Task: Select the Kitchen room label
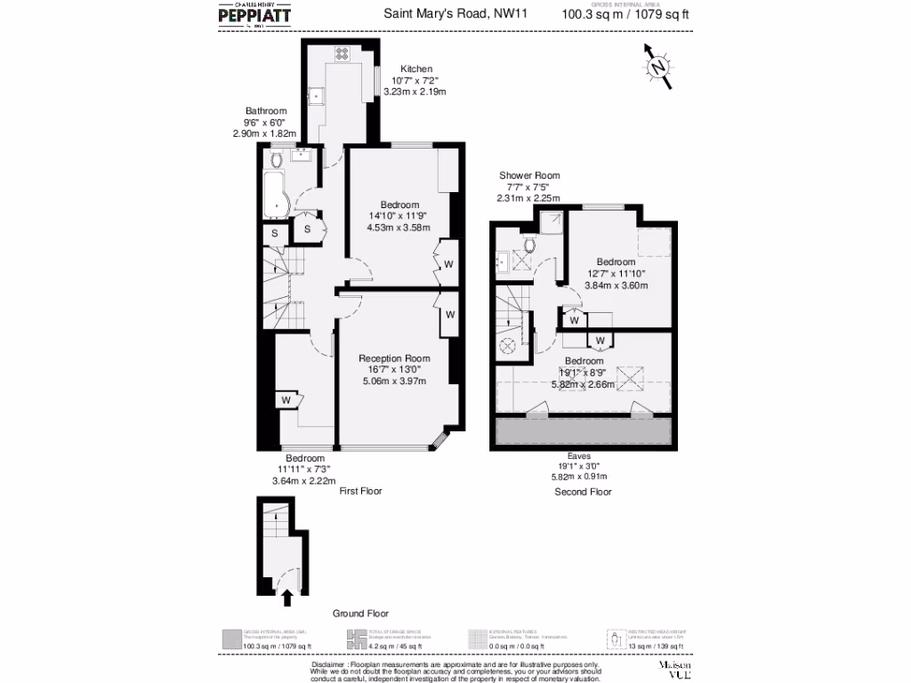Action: (416, 68)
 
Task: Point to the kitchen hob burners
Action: (342, 53)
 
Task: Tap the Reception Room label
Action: (394, 358)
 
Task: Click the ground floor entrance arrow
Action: (287, 599)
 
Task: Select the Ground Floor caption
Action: (360, 614)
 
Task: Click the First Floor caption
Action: (360, 490)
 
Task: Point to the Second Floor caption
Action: (583, 491)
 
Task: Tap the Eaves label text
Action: (579, 455)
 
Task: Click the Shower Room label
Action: (529, 175)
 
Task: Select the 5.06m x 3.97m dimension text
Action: (394, 381)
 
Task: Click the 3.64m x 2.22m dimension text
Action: (305, 481)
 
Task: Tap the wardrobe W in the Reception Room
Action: (450, 314)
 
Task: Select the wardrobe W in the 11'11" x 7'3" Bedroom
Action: (286, 400)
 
